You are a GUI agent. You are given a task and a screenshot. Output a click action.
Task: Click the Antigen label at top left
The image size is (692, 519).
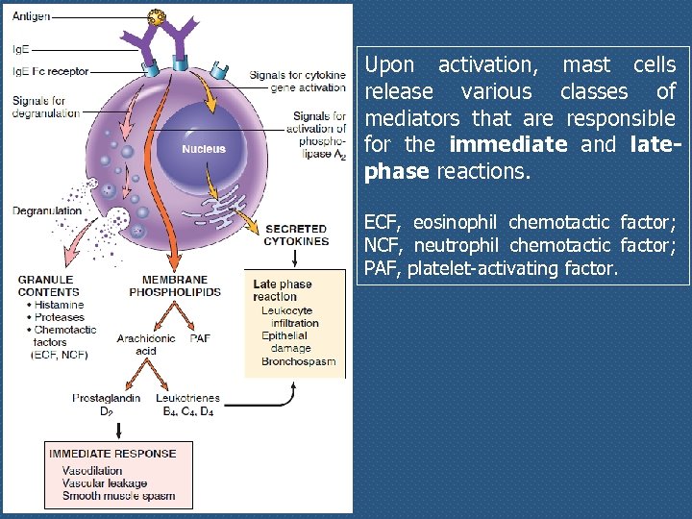pos(31,17)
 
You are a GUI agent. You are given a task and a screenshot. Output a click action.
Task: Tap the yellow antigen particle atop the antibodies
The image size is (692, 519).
pos(156,17)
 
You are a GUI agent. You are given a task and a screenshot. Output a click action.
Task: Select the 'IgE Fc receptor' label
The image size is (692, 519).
pos(50,71)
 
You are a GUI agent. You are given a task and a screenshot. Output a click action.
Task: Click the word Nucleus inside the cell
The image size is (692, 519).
pos(204,149)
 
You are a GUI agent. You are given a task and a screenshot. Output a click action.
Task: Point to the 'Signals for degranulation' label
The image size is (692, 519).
pos(46,107)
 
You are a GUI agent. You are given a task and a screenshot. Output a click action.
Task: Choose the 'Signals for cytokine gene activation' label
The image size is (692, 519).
pos(297,81)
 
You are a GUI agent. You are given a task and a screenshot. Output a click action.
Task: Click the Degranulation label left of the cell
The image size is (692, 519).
pos(47,210)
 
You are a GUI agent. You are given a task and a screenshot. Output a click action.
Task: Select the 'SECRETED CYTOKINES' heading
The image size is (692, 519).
pos(296,235)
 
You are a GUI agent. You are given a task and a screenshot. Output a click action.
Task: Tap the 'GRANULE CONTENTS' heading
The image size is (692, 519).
pos(48,285)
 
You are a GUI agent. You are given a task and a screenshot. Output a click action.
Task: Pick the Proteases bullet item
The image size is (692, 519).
pos(59,317)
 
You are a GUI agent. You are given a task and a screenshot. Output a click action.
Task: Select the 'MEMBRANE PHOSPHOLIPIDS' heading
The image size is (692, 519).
pos(175,285)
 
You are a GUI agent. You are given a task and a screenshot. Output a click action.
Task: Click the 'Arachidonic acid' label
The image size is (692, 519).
pos(146,344)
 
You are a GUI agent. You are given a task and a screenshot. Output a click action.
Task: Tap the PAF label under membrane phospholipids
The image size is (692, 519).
pos(200,338)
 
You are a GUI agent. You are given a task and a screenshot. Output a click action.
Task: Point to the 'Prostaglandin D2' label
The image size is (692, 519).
pos(107,404)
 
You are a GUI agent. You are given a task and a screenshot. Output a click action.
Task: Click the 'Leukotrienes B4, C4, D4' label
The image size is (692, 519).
pos(187,404)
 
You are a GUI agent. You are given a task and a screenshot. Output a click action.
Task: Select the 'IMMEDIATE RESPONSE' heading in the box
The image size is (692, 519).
pos(112,454)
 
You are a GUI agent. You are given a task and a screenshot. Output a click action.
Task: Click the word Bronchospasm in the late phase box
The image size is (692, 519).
pos(298,361)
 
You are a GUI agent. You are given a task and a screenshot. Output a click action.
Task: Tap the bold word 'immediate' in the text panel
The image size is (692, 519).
pos(507,145)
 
